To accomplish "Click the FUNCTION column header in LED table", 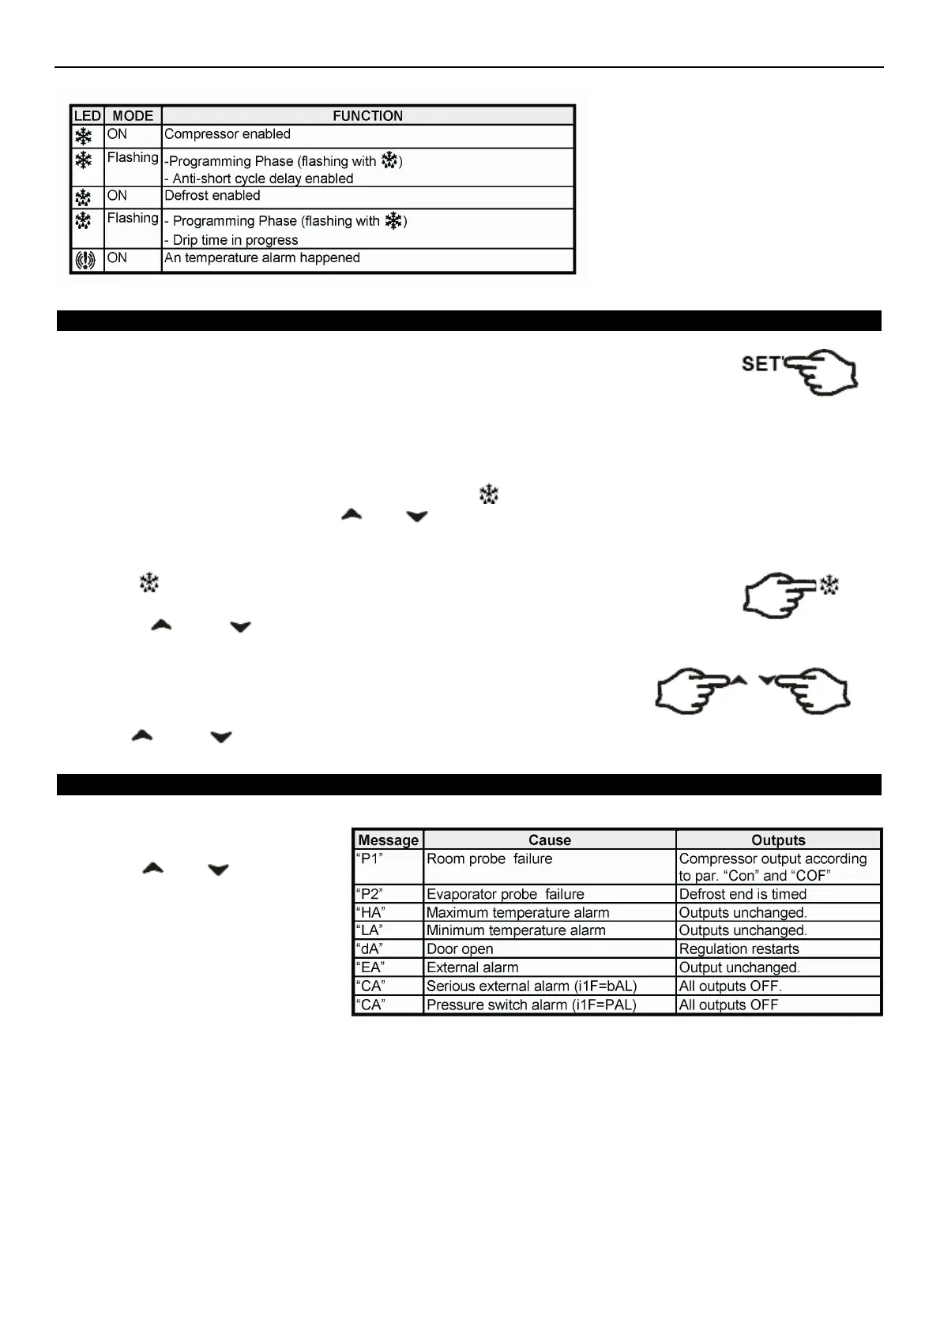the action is click(x=367, y=116).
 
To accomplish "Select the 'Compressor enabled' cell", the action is click(x=227, y=134).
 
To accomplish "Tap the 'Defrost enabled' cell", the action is click(x=212, y=196).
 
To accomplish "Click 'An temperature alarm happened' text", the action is click(x=262, y=258).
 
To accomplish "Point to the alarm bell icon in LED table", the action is click(x=85, y=260).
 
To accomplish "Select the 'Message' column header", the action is click(x=388, y=840).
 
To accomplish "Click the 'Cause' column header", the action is click(x=550, y=840).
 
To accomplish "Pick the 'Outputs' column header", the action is click(x=778, y=840).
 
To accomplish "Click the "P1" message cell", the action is click(x=370, y=859).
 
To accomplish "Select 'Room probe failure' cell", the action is click(x=490, y=859).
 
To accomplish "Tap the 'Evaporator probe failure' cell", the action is click(x=506, y=894).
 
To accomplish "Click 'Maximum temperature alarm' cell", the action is click(x=517, y=913).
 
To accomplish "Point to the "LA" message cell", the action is click(x=370, y=931).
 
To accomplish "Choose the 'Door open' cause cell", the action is click(x=460, y=949).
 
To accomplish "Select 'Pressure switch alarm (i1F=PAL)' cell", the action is click(x=531, y=1005).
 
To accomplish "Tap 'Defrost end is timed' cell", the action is click(x=743, y=894).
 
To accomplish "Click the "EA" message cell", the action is click(x=370, y=968).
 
